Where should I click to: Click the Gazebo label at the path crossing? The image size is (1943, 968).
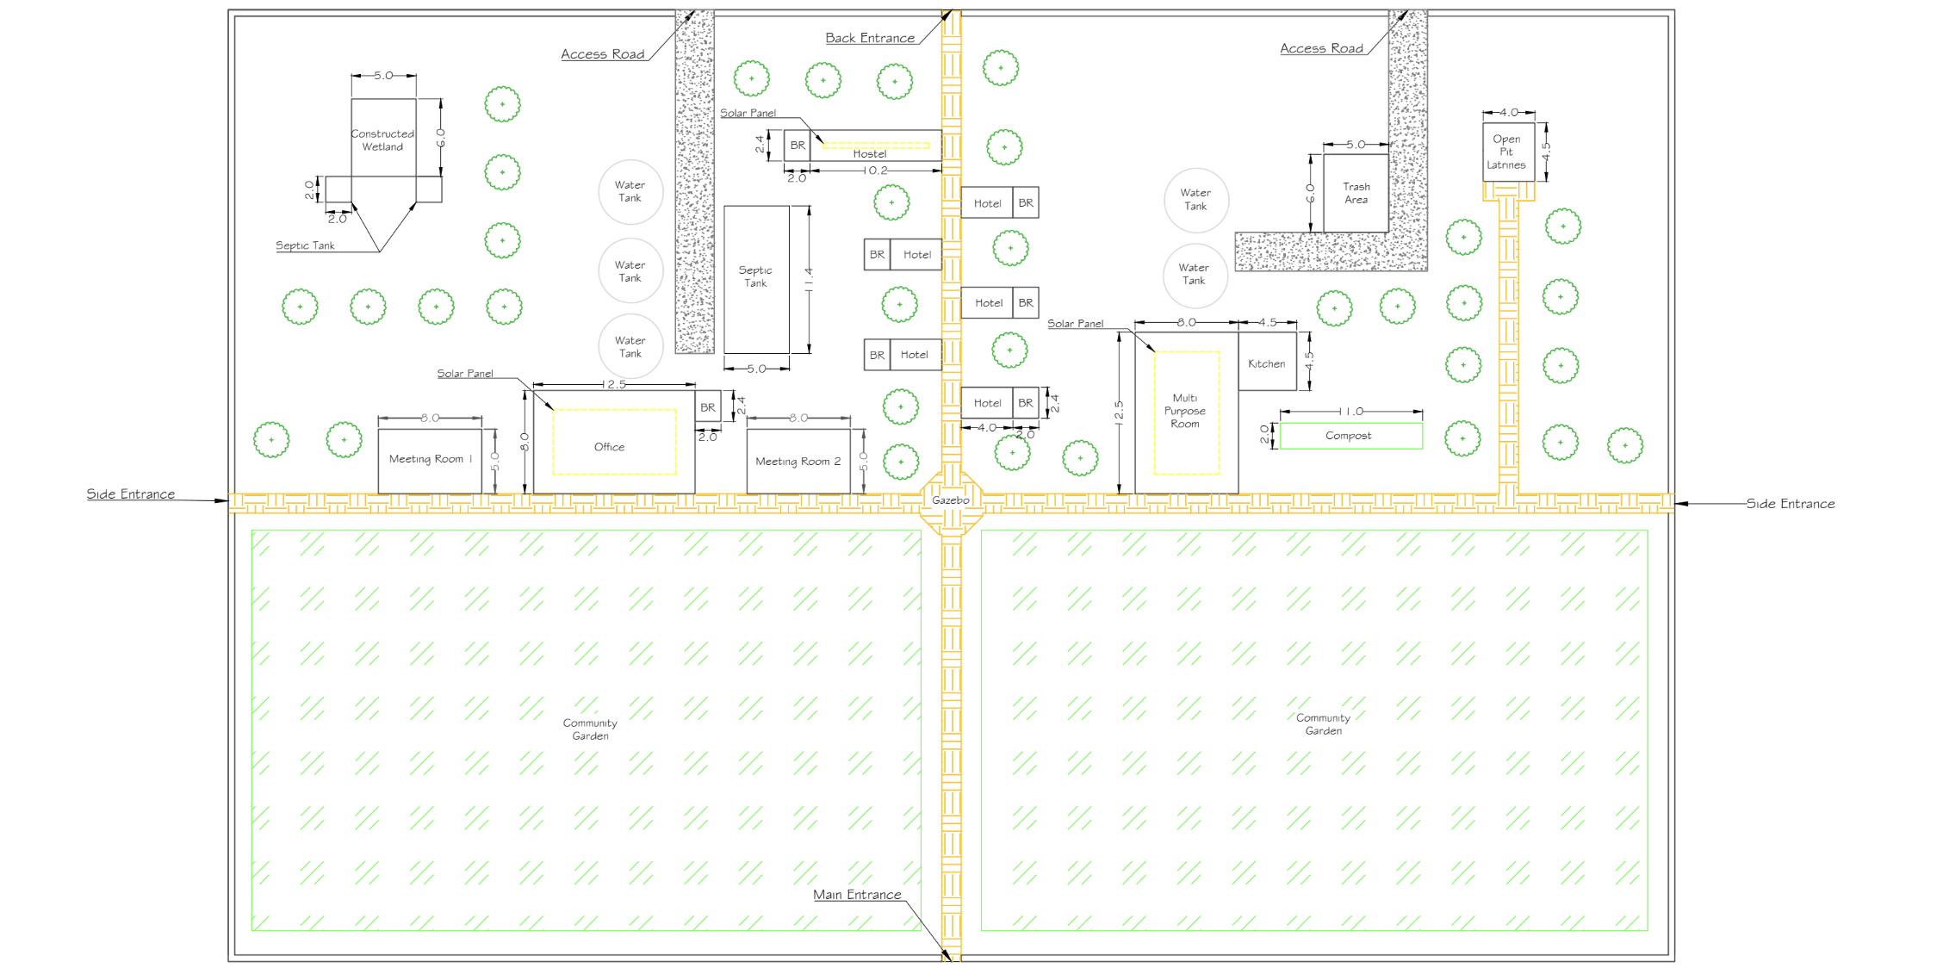pyautogui.click(x=951, y=500)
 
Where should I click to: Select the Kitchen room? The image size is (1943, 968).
pyautogui.click(x=1268, y=362)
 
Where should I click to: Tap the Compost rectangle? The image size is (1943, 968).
pyautogui.click(x=1351, y=436)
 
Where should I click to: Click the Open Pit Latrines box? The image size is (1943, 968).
pyautogui.click(x=1508, y=152)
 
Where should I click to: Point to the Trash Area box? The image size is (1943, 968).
pyautogui.click(x=1356, y=193)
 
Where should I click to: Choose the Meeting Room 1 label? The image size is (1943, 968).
pyautogui.click(x=431, y=459)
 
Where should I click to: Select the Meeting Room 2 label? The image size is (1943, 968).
pyautogui.click(x=798, y=462)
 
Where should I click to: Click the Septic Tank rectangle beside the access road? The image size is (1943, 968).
pyautogui.click(x=756, y=279)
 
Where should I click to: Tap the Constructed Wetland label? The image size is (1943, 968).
pyautogui.click(x=382, y=140)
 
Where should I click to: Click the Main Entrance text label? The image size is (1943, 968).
pyautogui.click(x=857, y=895)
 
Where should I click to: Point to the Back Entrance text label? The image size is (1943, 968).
pyautogui.click(x=870, y=38)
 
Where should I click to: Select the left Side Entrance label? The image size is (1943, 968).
pyautogui.click(x=130, y=494)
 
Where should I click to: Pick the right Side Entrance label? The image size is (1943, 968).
pyautogui.click(x=1791, y=504)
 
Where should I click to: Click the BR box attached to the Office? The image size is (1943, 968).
pyautogui.click(x=708, y=406)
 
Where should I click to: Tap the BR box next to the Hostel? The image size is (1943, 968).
pyautogui.click(x=798, y=146)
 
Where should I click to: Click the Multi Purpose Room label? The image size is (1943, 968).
pyautogui.click(x=1185, y=411)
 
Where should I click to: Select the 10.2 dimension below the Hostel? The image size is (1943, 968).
pyautogui.click(x=876, y=171)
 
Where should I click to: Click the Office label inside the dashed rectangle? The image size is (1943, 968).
pyautogui.click(x=609, y=447)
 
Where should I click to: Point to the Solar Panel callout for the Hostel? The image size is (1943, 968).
pyautogui.click(x=748, y=113)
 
